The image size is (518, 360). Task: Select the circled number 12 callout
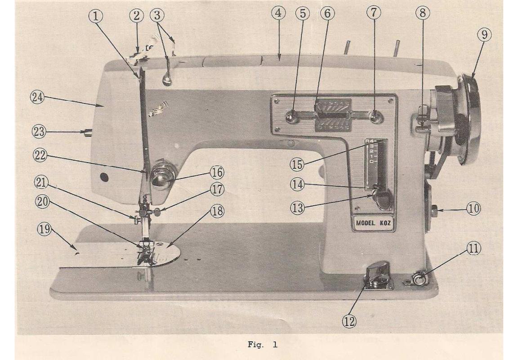point(349,320)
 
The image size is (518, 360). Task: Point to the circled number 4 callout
point(278,13)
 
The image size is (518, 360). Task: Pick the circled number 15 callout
point(296,164)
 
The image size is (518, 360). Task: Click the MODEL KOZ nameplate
point(373,223)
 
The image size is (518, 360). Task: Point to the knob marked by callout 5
point(290,118)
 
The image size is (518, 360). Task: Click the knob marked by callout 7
point(374,118)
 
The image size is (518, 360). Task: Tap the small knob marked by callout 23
point(87,132)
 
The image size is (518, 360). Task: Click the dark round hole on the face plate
point(104,178)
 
